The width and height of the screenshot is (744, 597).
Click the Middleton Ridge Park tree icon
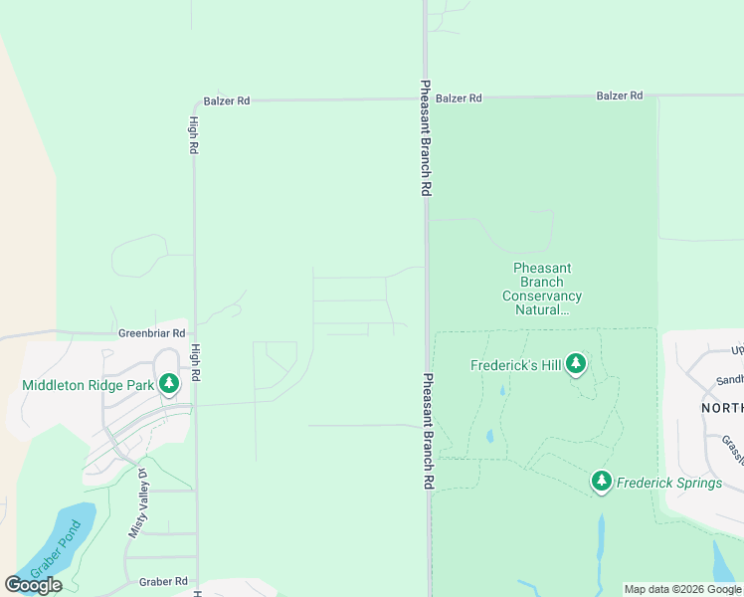point(169,383)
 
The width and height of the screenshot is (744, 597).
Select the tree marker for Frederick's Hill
point(575,365)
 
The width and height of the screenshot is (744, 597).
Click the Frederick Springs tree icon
point(601,483)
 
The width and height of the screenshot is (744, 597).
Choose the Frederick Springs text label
point(669,484)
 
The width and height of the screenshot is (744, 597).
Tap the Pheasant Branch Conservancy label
point(542,289)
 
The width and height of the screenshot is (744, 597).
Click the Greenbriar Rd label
point(152,333)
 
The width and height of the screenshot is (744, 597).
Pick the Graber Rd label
point(163,581)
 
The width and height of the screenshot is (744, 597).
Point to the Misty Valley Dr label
point(137,503)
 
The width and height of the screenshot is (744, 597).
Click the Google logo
point(33,585)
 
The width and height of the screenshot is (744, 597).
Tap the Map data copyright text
point(683,589)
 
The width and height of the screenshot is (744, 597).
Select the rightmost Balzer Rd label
point(620,96)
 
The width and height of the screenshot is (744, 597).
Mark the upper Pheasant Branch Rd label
point(426,138)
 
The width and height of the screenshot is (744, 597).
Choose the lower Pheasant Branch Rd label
point(428,431)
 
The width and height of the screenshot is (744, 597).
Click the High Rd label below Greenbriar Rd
point(196,364)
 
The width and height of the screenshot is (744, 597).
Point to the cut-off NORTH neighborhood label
point(722,408)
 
